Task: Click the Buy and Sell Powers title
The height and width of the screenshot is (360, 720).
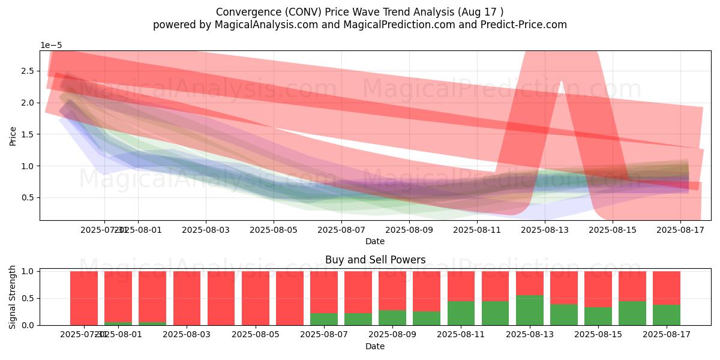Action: click(x=375, y=260)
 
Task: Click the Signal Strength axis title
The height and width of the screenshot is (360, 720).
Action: click(x=13, y=297)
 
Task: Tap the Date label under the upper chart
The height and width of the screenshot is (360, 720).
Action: click(x=375, y=241)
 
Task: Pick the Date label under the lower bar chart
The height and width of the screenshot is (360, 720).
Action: click(x=375, y=346)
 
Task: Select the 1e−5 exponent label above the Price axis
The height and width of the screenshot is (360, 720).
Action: click(x=51, y=46)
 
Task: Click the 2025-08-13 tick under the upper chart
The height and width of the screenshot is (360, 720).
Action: click(x=545, y=230)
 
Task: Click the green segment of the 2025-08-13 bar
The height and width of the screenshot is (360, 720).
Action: click(x=530, y=310)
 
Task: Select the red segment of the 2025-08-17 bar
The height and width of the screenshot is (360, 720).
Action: click(x=667, y=288)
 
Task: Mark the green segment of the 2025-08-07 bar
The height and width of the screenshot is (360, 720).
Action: click(x=324, y=319)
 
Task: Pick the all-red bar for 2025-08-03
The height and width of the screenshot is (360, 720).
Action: click(x=187, y=298)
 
